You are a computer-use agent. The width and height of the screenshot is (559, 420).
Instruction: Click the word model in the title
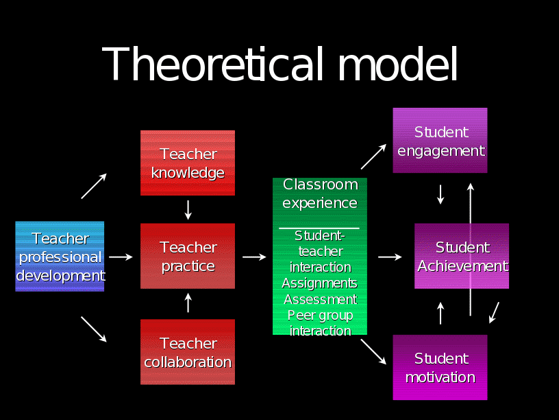(x=397, y=65)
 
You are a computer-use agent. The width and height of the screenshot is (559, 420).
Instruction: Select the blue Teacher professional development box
(x=60, y=257)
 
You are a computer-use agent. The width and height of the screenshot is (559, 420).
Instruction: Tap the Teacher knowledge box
(x=188, y=163)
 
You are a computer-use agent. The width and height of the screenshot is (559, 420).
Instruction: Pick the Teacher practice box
(x=188, y=257)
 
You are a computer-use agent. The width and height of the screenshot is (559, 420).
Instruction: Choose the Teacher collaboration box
(x=188, y=352)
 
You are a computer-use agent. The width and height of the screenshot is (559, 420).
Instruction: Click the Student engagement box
(x=440, y=141)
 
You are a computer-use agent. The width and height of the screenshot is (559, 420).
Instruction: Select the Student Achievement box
(x=462, y=257)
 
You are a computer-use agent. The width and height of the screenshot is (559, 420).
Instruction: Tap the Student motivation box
(x=440, y=368)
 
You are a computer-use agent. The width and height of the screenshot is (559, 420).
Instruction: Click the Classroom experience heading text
(x=320, y=194)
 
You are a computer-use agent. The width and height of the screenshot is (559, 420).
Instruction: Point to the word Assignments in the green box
(x=320, y=283)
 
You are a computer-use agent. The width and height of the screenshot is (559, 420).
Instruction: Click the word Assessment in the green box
(x=320, y=299)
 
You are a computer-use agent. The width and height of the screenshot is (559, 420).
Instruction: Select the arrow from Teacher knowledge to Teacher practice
(x=188, y=209)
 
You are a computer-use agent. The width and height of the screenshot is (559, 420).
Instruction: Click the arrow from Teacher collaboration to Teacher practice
(x=188, y=303)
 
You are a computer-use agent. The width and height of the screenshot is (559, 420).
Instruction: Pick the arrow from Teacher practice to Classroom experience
(x=254, y=257)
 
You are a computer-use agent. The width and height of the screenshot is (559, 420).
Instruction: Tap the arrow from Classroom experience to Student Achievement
(x=390, y=257)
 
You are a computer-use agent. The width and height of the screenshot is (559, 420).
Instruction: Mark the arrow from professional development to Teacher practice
(x=121, y=257)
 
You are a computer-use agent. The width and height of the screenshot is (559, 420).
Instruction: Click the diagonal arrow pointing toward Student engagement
(x=373, y=156)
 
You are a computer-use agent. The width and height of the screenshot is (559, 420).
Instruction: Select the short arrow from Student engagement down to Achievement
(x=440, y=194)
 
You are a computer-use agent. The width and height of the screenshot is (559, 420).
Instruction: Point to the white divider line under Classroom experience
(x=319, y=228)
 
